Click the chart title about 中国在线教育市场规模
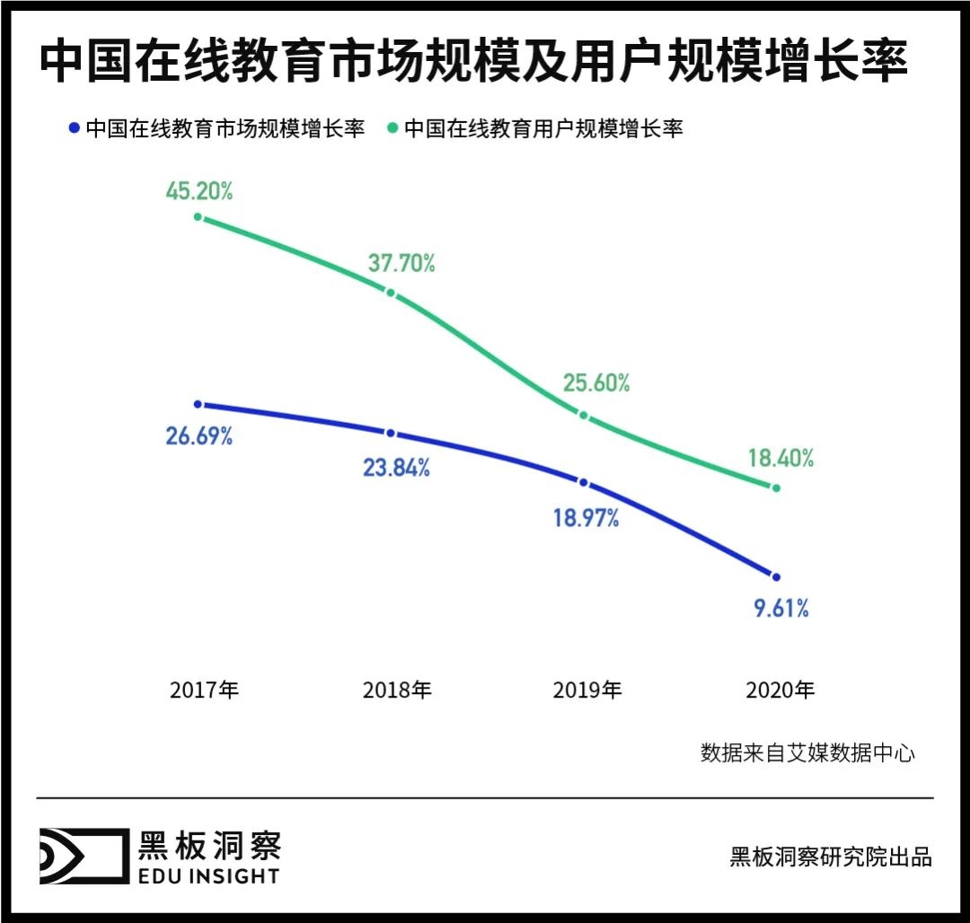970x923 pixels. click(x=473, y=61)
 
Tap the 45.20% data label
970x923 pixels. click(x=199, y=190)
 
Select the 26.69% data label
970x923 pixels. click(x=199, y=436)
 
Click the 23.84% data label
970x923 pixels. click(x=396, y=467)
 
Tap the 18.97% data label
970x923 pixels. click(x=586, y=517)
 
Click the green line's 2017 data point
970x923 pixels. click(x=198, y=217)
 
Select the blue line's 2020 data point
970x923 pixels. click(x=776, y=576)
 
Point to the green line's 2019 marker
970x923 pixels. click(x=584, y=416)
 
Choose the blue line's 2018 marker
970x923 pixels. click(x=391, y=433)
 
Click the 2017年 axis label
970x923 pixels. click(x=206, y=690)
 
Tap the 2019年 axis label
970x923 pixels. click(x=587, y=690)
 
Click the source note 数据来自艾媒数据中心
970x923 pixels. click(x=807, y=752)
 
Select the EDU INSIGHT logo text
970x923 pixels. click(x=208, y=875)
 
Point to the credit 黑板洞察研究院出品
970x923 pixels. click(x=831, y=857)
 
